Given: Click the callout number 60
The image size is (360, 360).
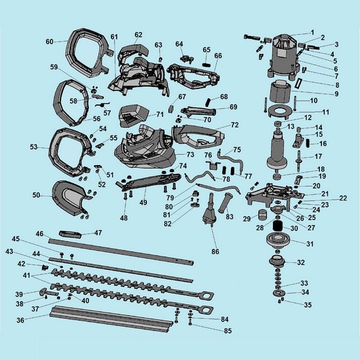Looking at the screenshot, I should point(49,41).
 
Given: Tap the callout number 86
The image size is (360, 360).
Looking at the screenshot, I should point(215,252).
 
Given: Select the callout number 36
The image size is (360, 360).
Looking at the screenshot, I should point(20,319).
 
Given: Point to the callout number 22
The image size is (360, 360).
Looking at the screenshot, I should point(343,198).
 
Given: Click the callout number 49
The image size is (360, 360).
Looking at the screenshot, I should point(143,202).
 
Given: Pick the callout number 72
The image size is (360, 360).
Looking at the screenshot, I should point(234,126).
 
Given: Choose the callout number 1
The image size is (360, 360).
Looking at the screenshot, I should point(312,33).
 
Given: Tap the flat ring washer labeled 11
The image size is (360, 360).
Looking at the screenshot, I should point(279,111).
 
